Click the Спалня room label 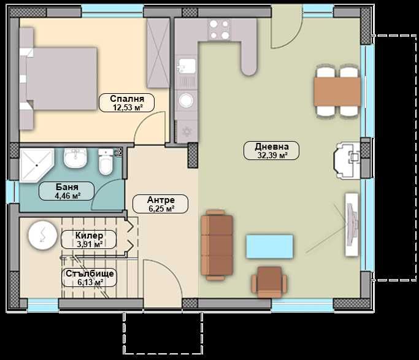coord(127,102)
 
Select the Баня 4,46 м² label coord(66,191)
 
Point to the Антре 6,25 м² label coord(161,204)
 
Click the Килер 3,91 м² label coord(89,239)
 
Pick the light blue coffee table coord(269,246)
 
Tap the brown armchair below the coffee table coord(269,281)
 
